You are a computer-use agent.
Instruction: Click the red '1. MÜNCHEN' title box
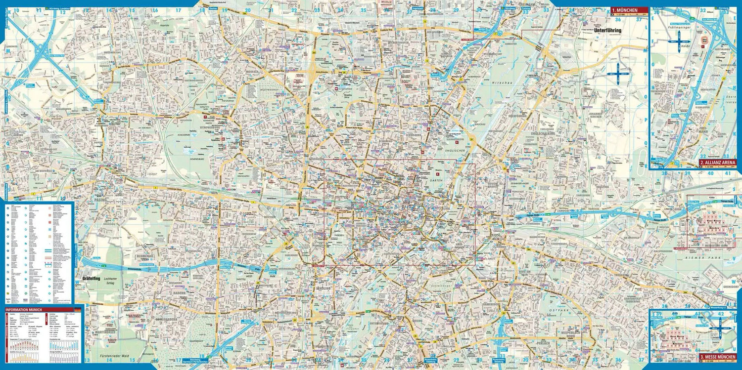pyautogui.click(x=629, y=9)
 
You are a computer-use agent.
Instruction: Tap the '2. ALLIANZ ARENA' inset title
pyautogui.click(x=717, y=163)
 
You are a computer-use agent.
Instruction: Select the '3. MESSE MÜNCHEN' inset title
pyautogui.click(x=717, y=357)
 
